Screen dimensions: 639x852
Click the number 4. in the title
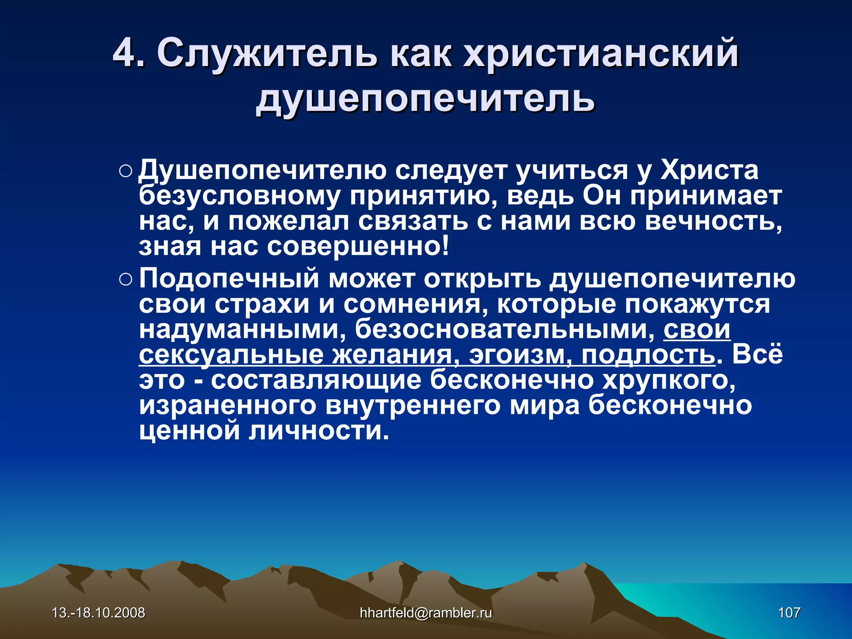[129, 53]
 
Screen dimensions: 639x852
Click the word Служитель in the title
[267, 53]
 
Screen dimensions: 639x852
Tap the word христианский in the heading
[601, 53]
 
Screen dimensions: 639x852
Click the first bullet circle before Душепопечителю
[125, 172]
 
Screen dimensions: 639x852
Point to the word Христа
[709, 170]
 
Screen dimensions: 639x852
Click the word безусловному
[239, 196]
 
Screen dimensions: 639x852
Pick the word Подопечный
[229, 279]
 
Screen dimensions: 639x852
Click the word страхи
[262, 304]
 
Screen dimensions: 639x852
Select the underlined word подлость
[648, 355]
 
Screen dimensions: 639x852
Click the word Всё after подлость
[757, 354]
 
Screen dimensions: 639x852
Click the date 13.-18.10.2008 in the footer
[98, 613]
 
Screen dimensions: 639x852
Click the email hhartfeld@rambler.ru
[426, 613]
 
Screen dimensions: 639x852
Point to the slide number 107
[789, 613]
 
